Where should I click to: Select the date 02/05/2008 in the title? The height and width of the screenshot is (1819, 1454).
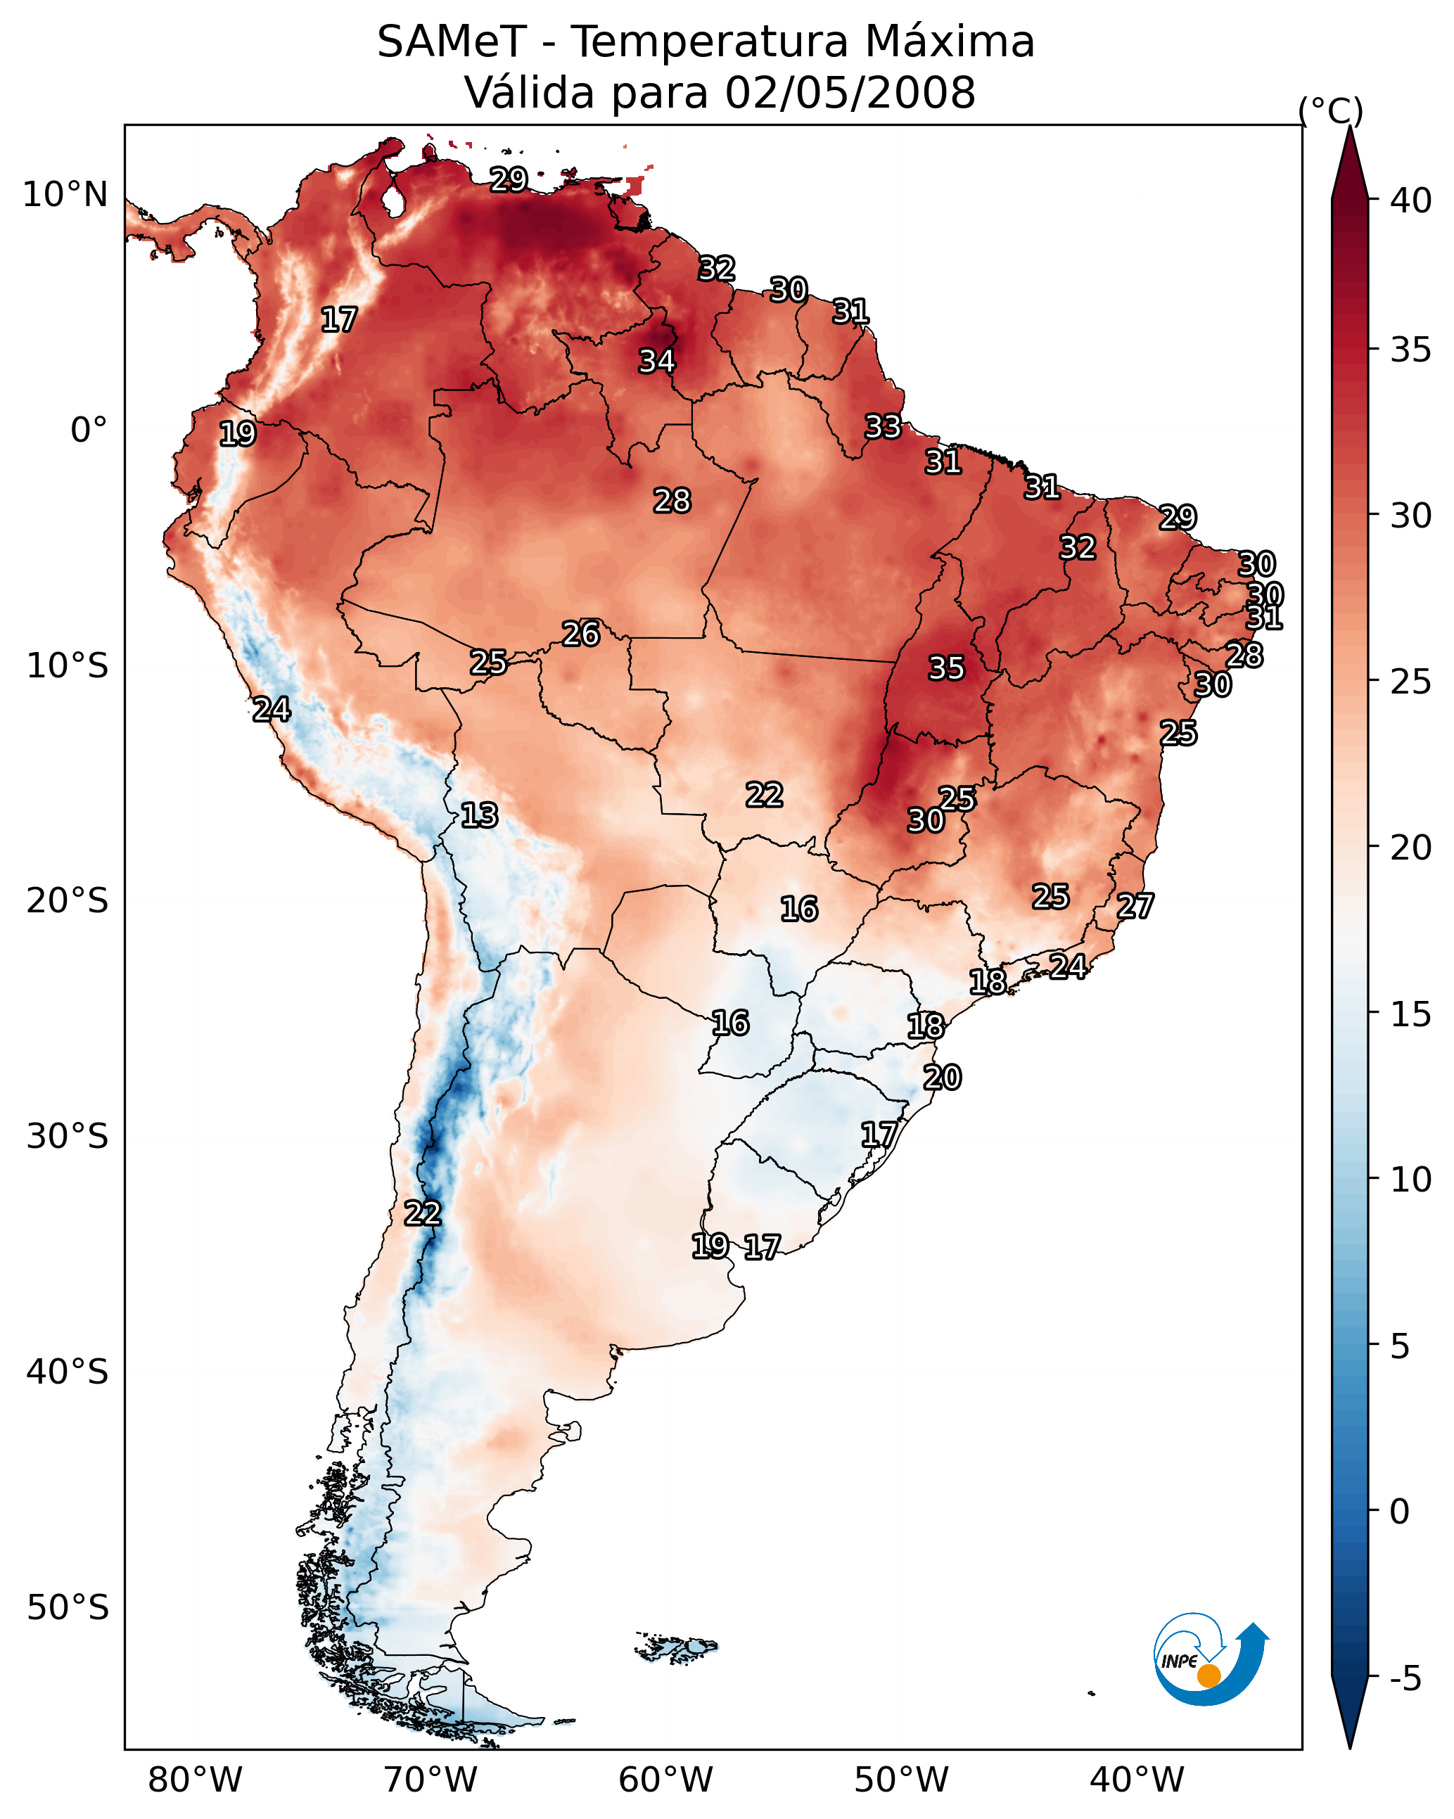tap(850, 93)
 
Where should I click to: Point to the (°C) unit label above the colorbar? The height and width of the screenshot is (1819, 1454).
tap(1331, 110)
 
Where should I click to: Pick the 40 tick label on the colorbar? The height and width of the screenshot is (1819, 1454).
tap(1411, 200)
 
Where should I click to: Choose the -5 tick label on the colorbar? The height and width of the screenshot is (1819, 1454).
tap(1405, 1678)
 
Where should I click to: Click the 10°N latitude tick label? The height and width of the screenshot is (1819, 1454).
tap(65, 195)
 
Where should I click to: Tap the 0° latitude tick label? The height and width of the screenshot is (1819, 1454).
tap(89, 430)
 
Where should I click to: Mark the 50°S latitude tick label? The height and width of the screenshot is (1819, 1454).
tap(68, 1608)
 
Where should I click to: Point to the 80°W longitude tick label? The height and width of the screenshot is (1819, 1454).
tap(195, 1780)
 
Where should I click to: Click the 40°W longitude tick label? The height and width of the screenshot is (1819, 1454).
tap(1137, 1780)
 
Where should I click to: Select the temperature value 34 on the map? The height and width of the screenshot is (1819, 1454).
tap(656, 361)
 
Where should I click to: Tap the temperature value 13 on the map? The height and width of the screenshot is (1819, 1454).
tap(479, 815)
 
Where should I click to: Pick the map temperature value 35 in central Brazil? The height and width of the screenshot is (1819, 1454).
tap(946, 668)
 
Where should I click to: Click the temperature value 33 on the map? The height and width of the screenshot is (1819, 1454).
tap(883, 427)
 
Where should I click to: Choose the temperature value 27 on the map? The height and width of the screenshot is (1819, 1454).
tap(1135, 906)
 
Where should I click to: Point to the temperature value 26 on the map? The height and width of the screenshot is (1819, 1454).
tap(580, 634)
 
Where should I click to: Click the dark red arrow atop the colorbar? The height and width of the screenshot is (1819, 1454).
tap(1349, 165)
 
